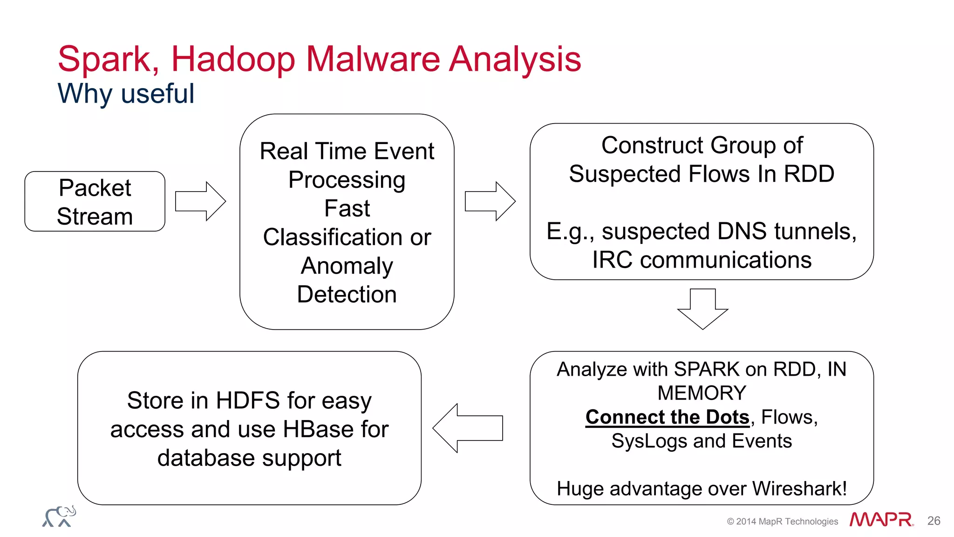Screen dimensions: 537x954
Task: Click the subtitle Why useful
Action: coord(126,93)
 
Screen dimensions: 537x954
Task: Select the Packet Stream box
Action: coord(95,201)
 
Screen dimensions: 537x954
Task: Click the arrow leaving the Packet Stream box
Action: coord(201,201)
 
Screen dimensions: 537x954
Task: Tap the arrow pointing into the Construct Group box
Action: coord(490,201)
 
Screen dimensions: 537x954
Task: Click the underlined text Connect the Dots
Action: coord(667,417)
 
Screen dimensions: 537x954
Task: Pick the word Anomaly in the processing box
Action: coord(347,266)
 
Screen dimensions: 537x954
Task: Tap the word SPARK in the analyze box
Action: coord(707,369)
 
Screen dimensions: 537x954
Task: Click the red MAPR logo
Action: coord(881,520)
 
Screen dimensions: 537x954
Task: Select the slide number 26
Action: coord(934,521)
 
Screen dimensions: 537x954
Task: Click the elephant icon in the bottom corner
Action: coord(59,516)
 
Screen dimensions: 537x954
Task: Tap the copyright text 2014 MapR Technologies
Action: coord(786,521)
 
